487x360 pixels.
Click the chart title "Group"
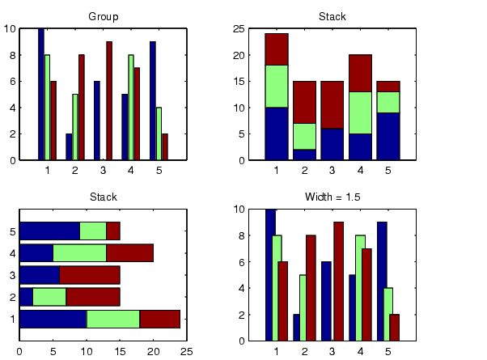pyautogui.click(x=103, y=16)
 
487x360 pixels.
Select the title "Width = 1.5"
pyautogui.click(x=330, y=197)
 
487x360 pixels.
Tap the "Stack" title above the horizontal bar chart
pyautogui.click(x=103, y=197)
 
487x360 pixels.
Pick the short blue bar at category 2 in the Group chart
pyautogui.click(x=69, y=146)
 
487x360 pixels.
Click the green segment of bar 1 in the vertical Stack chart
pyautogui.click(x=277, y=86)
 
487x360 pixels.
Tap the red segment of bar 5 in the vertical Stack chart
pyautogui.click(x=388, y=86)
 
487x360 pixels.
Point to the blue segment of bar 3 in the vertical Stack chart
pyautogui.click(x=332, y=143)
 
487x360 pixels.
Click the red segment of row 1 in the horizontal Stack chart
pyautogui.click(x=160, y=319)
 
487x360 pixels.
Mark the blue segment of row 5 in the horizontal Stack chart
pyautogui.click(x=49, y=231)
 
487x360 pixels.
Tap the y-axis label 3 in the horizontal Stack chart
pyautogui.click(x=12, y=274)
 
